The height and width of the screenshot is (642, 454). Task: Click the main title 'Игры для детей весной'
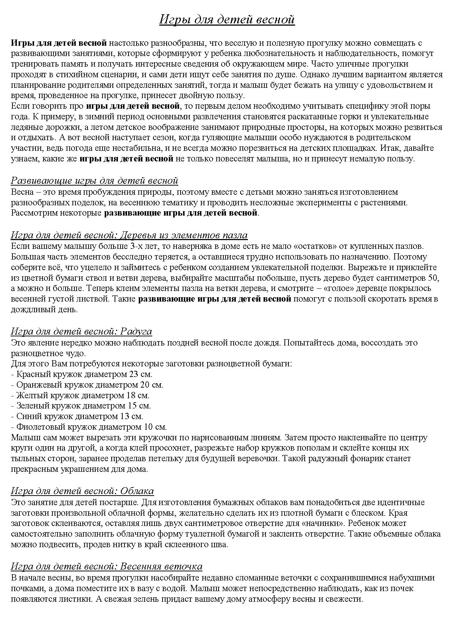pos(227,19)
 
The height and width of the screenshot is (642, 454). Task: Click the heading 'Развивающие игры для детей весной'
pos(94,180)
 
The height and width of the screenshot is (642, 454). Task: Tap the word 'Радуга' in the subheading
pos(135,331)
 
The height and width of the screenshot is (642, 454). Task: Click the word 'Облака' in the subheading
pos(137,491)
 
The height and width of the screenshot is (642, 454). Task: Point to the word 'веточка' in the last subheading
pos(185,566)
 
